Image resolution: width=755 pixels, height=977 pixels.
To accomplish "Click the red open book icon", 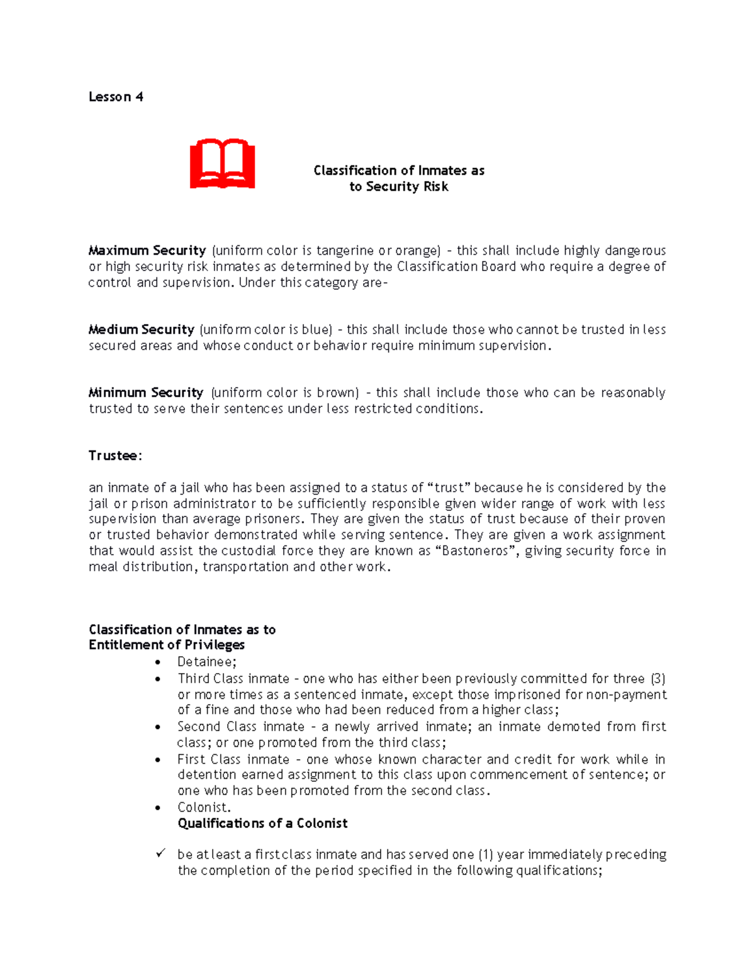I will point(222,164).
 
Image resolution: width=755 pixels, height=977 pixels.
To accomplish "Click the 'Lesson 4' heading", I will point(116,97).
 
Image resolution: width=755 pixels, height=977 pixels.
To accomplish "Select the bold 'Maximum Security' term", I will point(147,250).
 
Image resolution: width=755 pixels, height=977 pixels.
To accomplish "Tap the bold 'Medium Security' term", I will point(142,330).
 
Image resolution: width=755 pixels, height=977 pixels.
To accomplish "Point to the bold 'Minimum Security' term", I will point(146,393).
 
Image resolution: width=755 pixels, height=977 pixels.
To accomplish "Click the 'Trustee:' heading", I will point(115,455).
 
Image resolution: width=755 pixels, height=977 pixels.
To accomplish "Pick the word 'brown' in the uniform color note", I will point(335,393).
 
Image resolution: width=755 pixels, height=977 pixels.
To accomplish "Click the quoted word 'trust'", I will point(449,488).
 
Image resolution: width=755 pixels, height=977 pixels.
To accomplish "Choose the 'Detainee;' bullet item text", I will point(206,662).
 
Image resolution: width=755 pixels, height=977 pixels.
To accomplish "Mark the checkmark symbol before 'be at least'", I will point(160,854).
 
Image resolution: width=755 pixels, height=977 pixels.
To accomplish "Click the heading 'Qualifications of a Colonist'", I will point(262,823).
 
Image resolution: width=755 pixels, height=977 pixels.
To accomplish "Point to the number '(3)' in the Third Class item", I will point(657,679).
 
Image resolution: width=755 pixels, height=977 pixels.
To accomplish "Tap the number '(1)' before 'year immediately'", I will point(485,854).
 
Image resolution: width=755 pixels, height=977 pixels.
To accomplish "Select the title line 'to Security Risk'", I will point(399,187).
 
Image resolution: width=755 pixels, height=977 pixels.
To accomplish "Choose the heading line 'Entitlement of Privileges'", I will point(166,645).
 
